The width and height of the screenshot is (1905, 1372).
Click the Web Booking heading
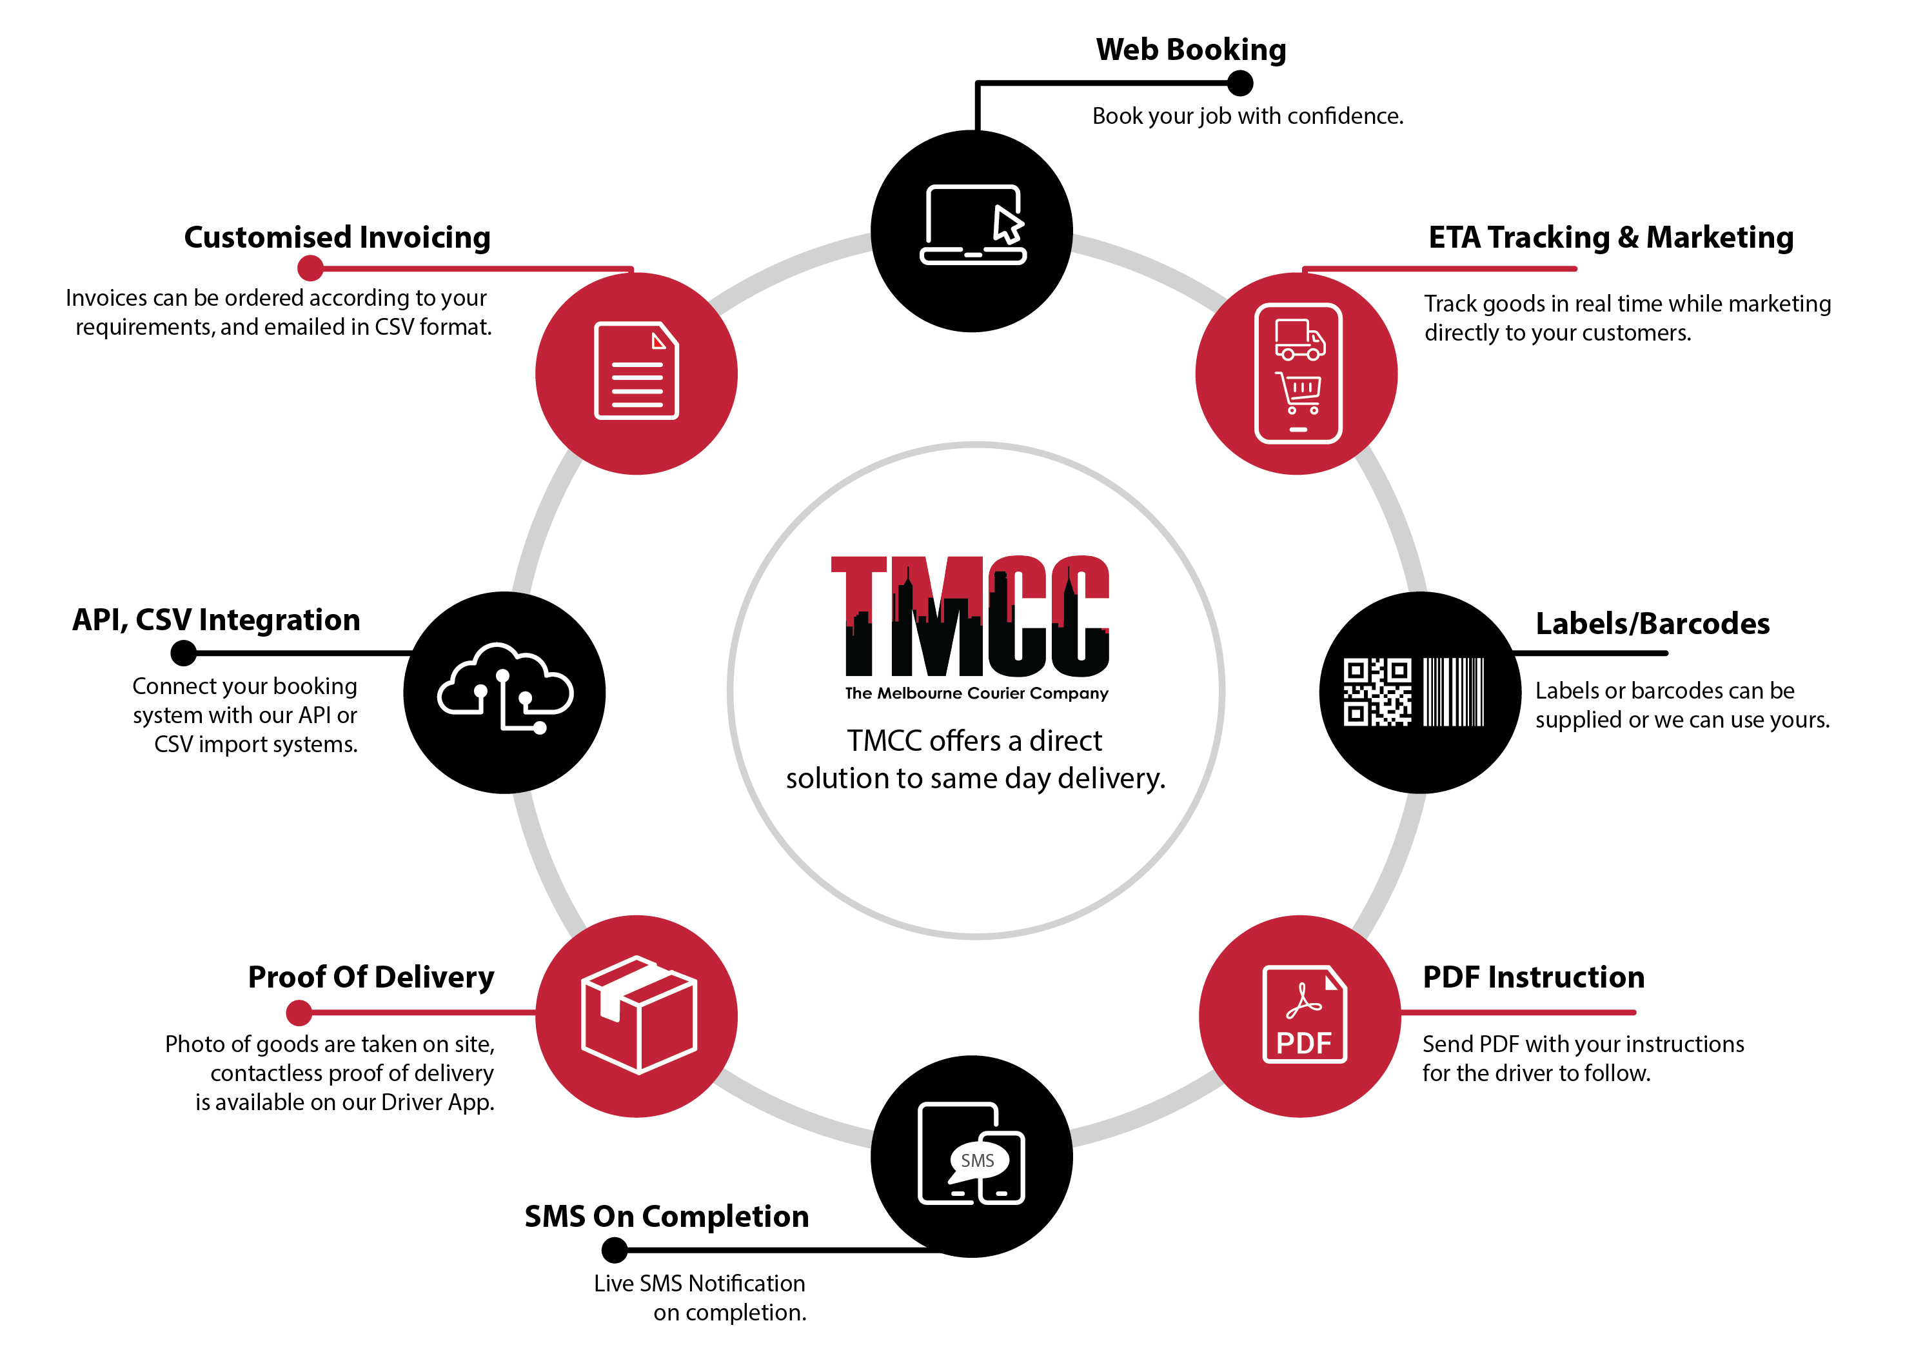point(1190,50)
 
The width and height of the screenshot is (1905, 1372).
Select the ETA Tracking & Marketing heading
point(1610,238)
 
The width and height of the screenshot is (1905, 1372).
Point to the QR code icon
point(1377,691)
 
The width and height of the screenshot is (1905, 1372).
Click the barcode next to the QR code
point(1454,691)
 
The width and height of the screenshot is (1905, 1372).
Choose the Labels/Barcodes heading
point(1652,623)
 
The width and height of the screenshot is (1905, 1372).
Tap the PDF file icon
point(1305,1014)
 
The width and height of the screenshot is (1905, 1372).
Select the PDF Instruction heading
point(1533,977)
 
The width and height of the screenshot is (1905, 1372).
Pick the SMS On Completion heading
point(666,1217)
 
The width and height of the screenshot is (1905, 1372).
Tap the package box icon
point(639,1015)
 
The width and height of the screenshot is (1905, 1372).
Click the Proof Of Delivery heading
point(371,977)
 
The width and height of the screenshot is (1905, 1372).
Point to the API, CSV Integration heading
point(216,620)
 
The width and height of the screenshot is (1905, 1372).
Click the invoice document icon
point(637,370)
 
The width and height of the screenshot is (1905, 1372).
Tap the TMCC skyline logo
point(977,617)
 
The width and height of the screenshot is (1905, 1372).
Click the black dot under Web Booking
point(1239,83)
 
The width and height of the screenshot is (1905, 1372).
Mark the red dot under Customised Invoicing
point(311,268)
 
